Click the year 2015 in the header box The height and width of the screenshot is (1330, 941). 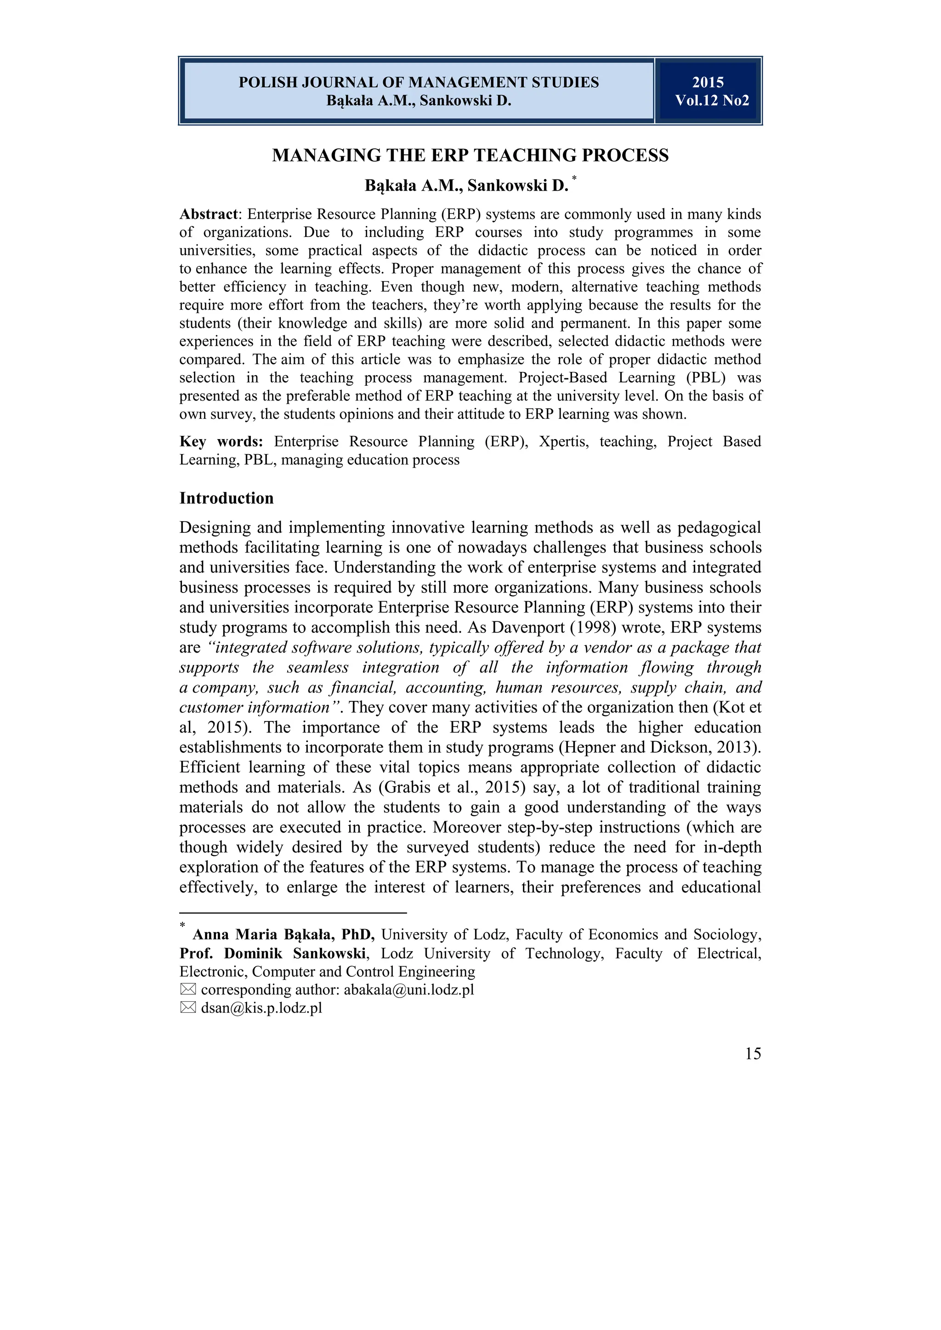coord(708,82)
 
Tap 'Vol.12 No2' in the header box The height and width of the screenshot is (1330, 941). coord(712,101)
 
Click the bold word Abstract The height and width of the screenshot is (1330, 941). coord(208,214)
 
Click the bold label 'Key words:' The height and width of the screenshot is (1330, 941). coord(221,442)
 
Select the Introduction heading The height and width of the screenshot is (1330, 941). coord(226,498)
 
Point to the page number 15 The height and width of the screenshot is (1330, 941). coord(753,1054)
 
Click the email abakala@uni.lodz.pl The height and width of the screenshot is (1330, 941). coord(408,990)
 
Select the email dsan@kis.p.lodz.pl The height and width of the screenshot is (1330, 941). coord(261,1009)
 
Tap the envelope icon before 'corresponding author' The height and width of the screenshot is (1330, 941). coord(188,990)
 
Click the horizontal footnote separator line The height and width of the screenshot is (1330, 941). coord(293,913)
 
